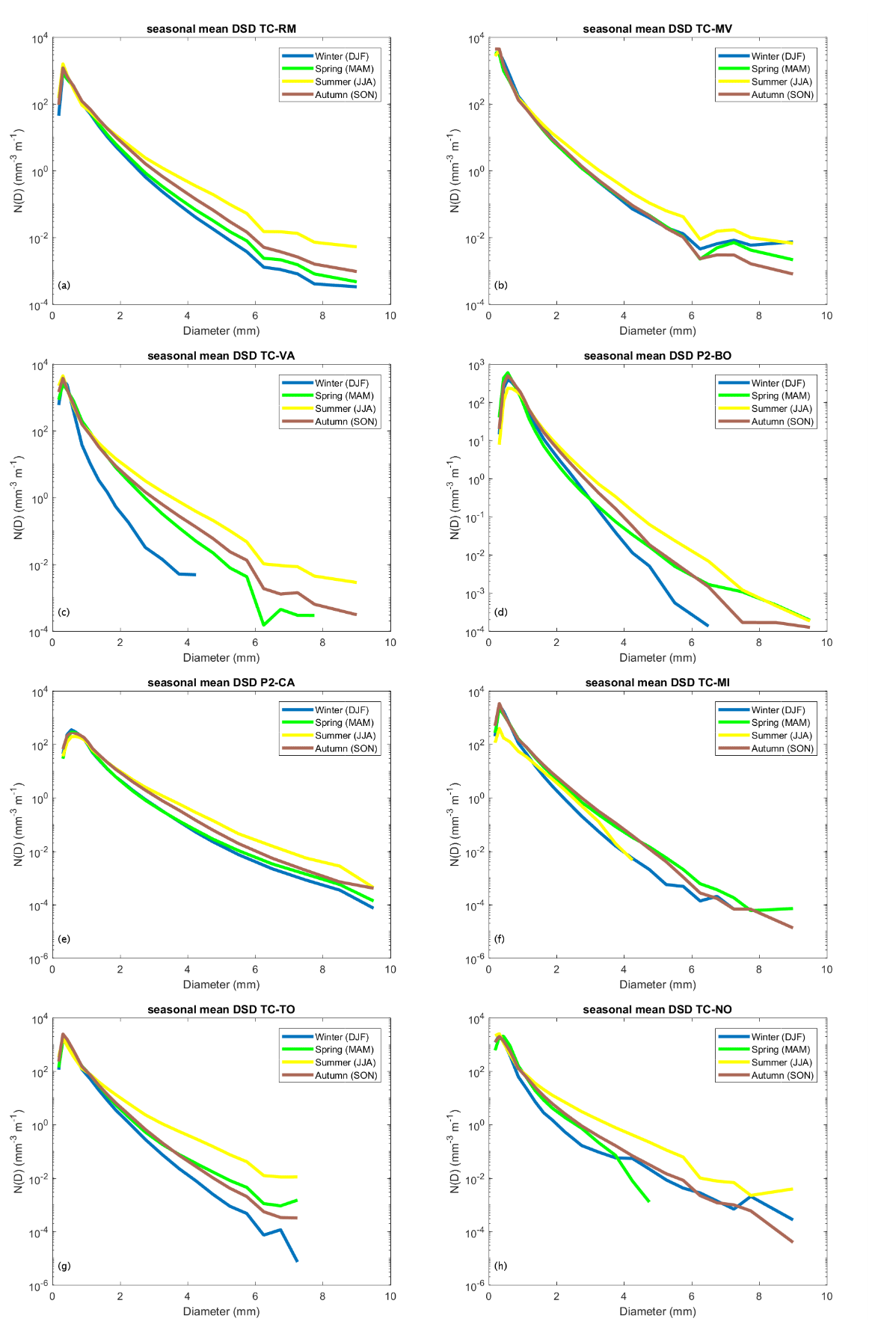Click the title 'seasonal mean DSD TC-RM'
pos(221,29)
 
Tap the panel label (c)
pos(64,612)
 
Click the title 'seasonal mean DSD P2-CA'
pos(221,683)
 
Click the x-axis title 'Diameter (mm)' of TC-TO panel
pos(221,1311)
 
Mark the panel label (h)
pos(500,1266)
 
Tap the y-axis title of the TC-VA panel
pos(19,499)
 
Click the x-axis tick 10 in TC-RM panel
pos(390,315)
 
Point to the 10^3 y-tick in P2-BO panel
pos(476,366)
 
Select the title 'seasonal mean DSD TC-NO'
pos(657,1009)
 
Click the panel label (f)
pos(500,939)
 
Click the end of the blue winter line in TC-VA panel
pos(194,574)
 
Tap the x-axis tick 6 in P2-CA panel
pos(255,970)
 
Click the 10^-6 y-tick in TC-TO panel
pos(39,1287)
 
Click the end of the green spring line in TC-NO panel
pos(648,1201)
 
